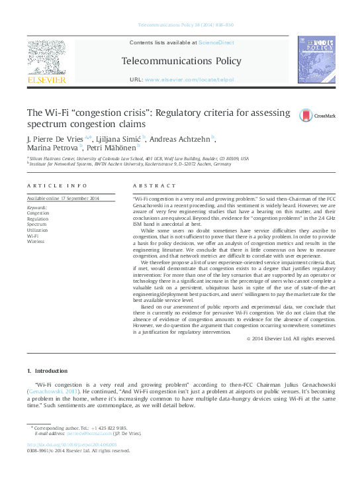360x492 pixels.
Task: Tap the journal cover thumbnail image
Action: tap(316, 62)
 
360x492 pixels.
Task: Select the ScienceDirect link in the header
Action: tap(216, 42)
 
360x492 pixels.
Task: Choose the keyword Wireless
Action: tap(36, 241)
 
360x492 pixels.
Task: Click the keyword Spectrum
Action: tap(37, 224)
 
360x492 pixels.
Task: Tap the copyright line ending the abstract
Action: tap(290, 338)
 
